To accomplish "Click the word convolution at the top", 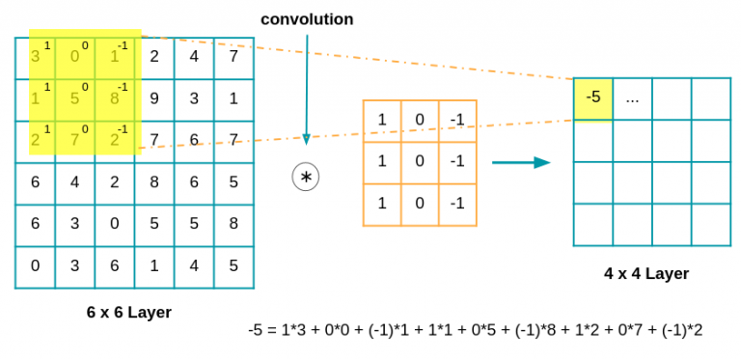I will pos(307,19).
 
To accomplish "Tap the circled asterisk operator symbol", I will pos(307,178).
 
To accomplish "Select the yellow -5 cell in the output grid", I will pos(593,98).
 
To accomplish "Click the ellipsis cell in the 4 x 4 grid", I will pos(633,98).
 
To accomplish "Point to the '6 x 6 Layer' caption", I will pos(129,313).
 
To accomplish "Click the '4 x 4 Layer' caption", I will pos(646,273).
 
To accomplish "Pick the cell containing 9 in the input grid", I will pos(154,97).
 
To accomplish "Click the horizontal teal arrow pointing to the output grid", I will pos(521,162).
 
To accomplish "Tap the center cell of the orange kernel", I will pos(420,161).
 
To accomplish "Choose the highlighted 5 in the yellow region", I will pos(74,98).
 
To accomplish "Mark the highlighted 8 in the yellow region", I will pos(114,98).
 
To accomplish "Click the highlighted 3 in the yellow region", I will pos(35,57).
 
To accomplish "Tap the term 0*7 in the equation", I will pos(632,330).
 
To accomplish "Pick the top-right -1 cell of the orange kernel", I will pos(457,120).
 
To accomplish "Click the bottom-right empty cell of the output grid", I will pos(711,224).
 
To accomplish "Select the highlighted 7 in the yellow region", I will pos(74,140).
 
